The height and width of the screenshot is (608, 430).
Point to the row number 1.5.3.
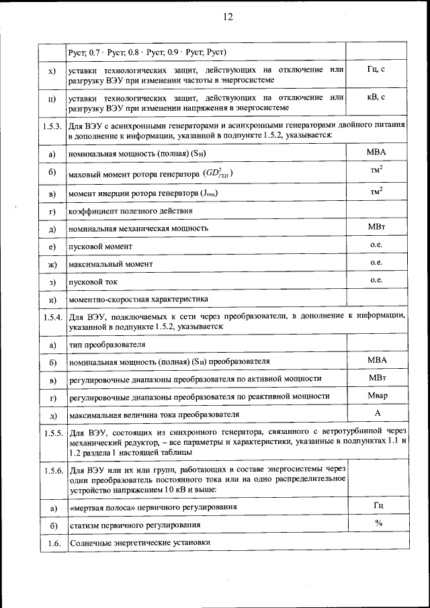coord(52,126)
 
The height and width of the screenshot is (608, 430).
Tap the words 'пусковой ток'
coord(93,281)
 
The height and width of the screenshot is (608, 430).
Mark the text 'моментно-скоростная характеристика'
coord(138,299)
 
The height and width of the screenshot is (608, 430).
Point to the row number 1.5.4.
coord(52,316)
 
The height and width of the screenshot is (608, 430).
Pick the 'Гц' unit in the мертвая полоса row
coord(378,505)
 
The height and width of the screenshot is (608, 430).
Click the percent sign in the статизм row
coord(378,522)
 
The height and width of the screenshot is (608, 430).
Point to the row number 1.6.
coord(52,542)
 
